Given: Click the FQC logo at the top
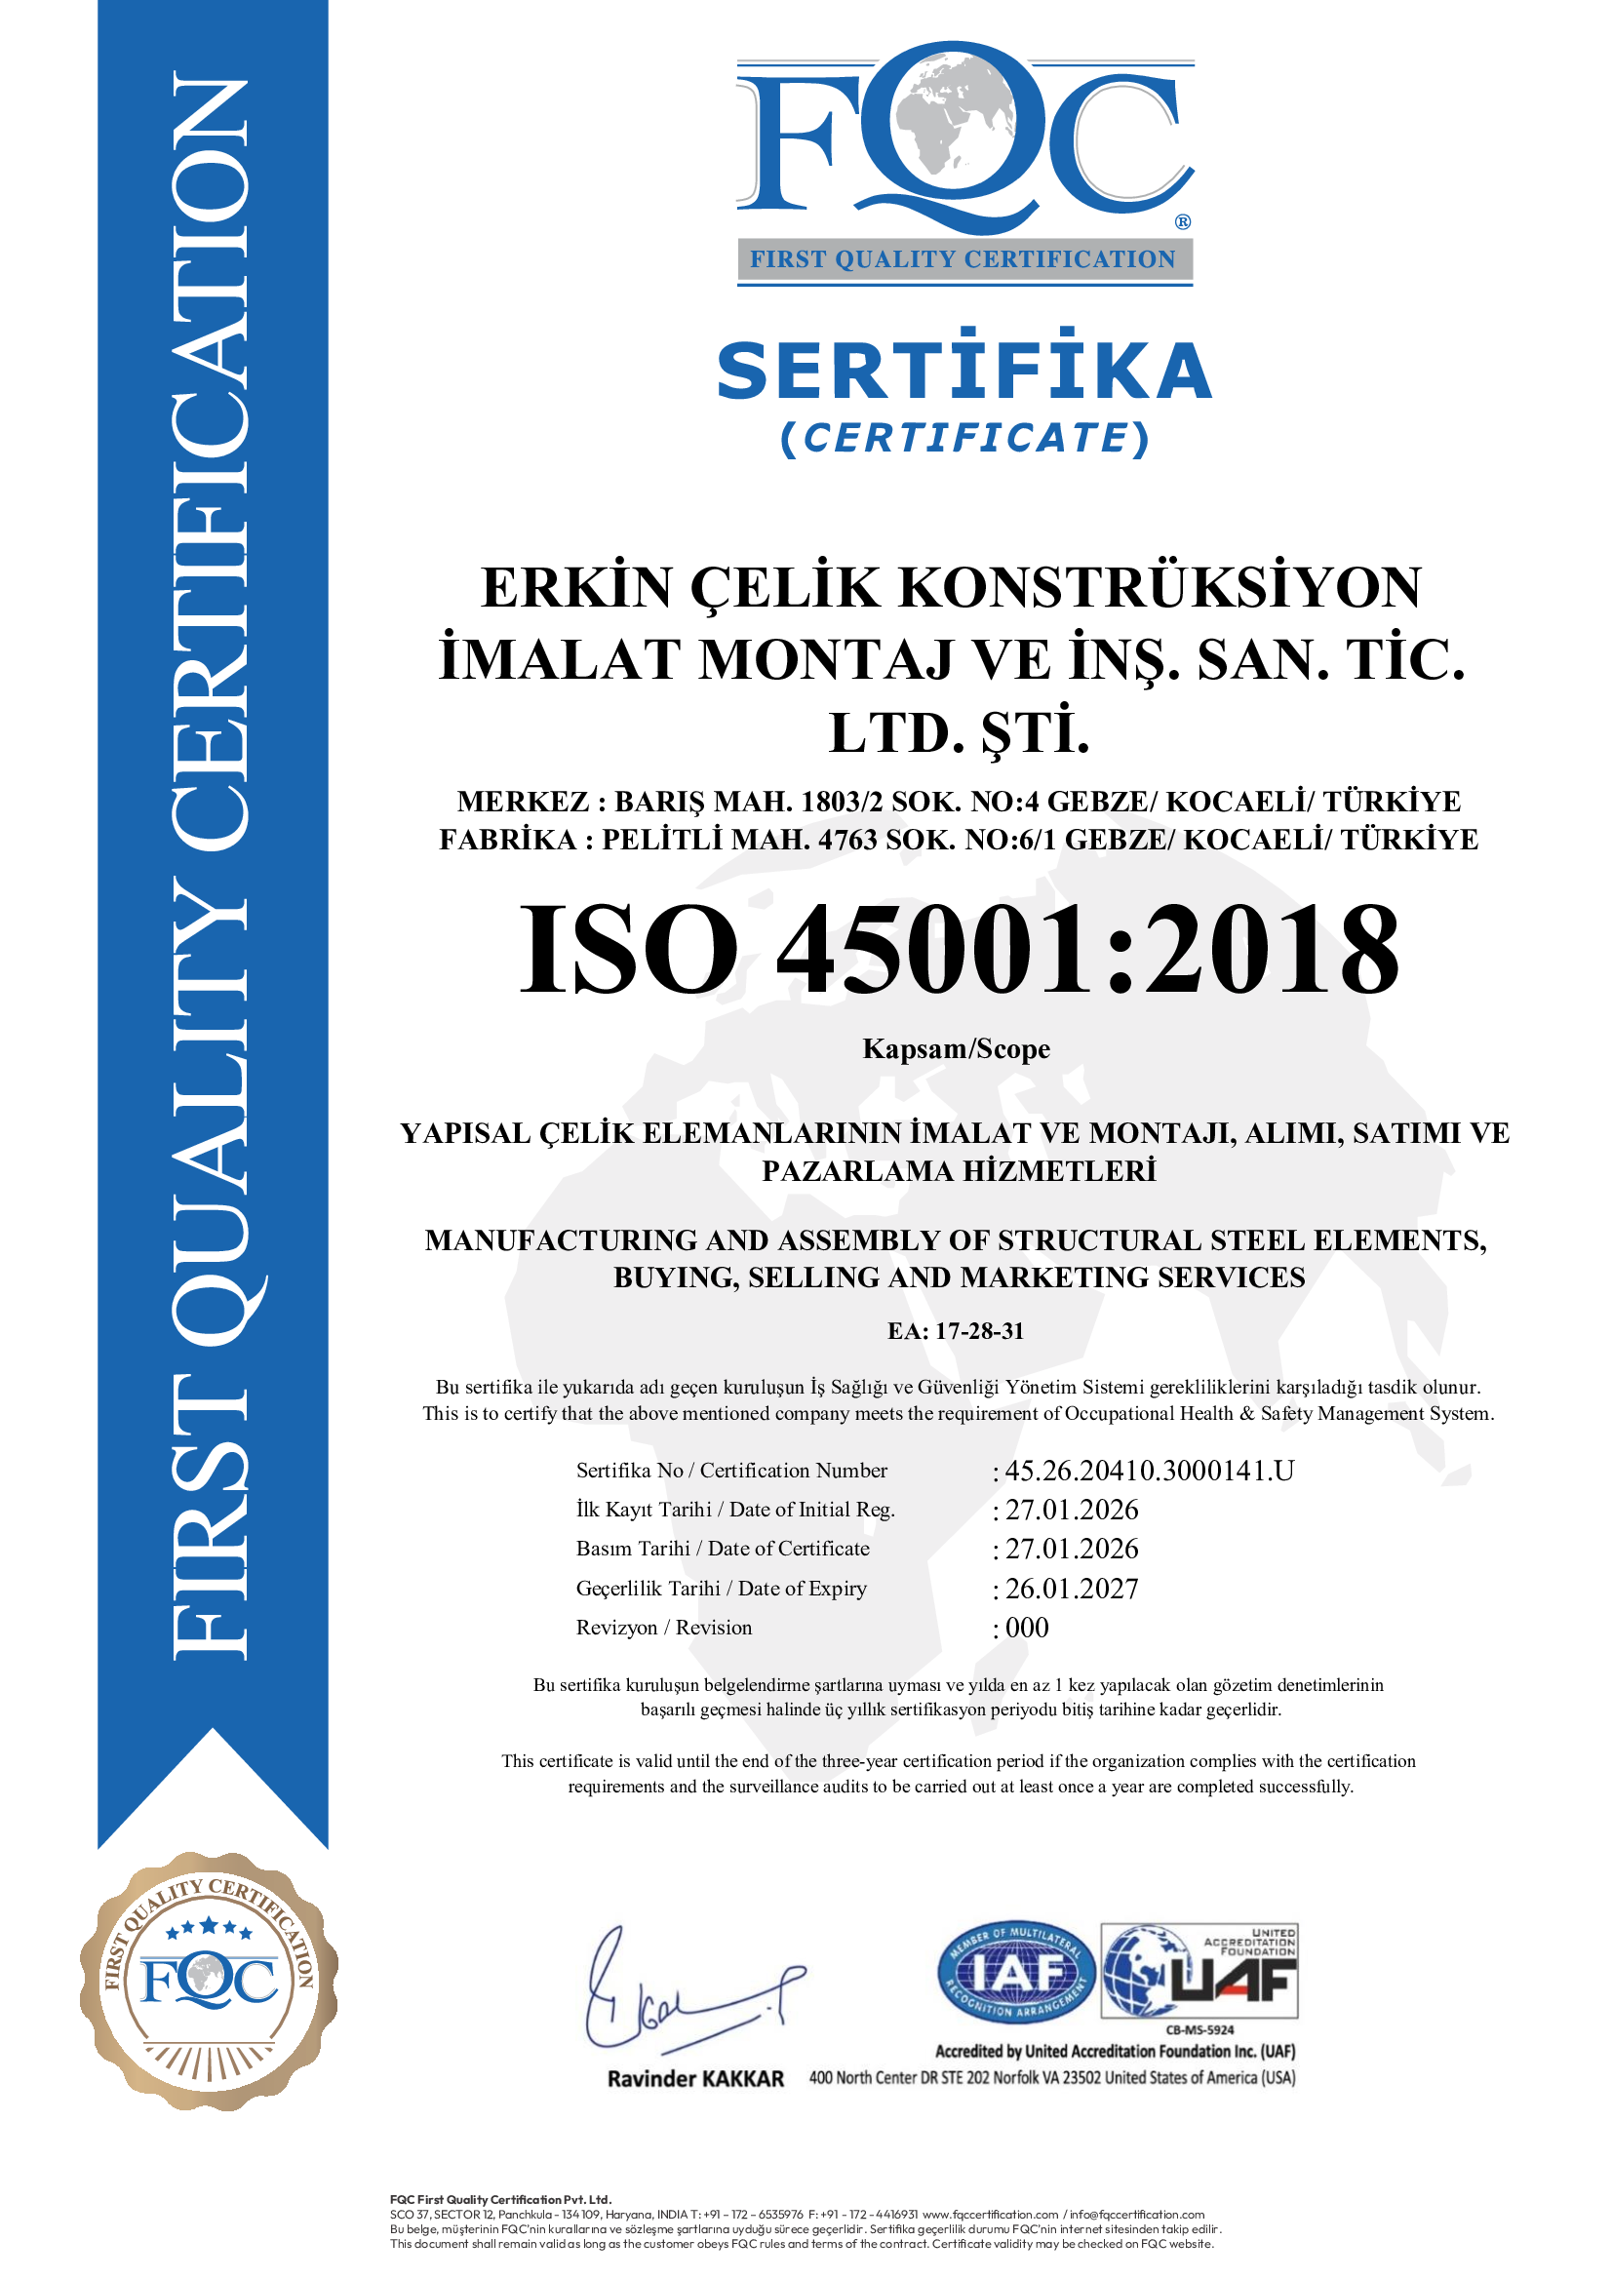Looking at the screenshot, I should pos(963,139).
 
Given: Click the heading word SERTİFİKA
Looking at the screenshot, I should pos(963,370).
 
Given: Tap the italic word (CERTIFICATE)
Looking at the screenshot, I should pos(963,438).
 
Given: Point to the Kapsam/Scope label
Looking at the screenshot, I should pos(956,1048).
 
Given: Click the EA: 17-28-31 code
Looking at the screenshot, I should pos(956,1331).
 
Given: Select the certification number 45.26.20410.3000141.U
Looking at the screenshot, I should pos(1149,1471).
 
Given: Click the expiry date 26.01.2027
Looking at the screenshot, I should pos(1072,1589).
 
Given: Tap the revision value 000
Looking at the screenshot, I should pos(1027,1628).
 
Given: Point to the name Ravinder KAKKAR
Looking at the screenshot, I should pos(695,2078).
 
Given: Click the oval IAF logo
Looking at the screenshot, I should pos(1016,1974).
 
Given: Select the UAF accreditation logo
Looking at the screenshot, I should pos(1199,1972).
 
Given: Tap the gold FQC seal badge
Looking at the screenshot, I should pos(209,1981).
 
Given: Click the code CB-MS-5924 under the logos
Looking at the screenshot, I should pos(1199,2029).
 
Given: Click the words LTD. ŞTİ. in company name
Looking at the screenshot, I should pos(960,733).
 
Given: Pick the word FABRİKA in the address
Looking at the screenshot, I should pos(507,840).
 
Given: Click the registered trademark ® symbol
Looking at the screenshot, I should pos(1182,222).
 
